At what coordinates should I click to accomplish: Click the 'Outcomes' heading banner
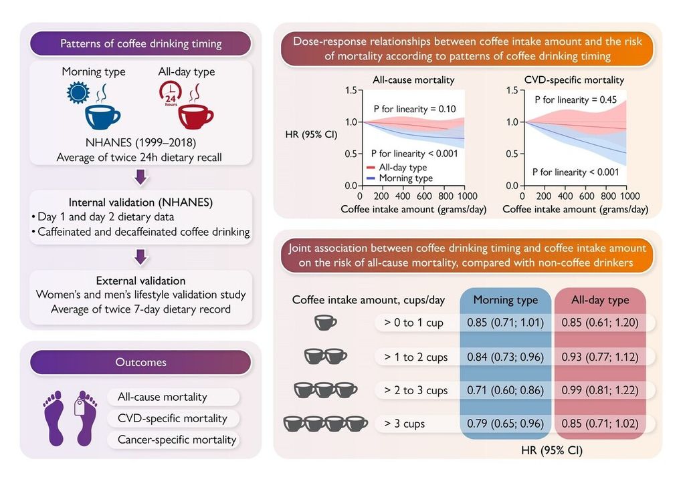140,362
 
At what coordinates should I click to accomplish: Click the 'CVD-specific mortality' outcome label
172,418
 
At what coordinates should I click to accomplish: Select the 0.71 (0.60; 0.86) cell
505,390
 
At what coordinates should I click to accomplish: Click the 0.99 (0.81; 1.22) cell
599,390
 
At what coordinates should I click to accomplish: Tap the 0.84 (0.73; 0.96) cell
505,357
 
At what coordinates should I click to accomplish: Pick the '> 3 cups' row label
405,424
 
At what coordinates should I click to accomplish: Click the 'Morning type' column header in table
505,301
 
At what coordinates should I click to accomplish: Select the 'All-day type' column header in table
599,301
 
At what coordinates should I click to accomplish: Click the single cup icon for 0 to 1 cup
326,323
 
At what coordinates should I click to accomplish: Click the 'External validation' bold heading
140,281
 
